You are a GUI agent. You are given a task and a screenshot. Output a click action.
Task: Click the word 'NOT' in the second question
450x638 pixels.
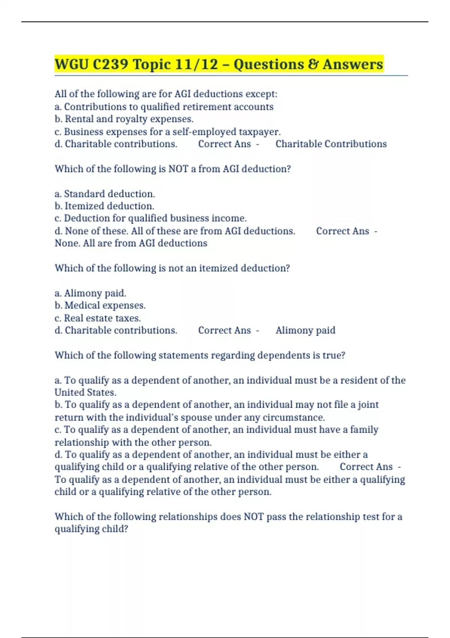178,169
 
